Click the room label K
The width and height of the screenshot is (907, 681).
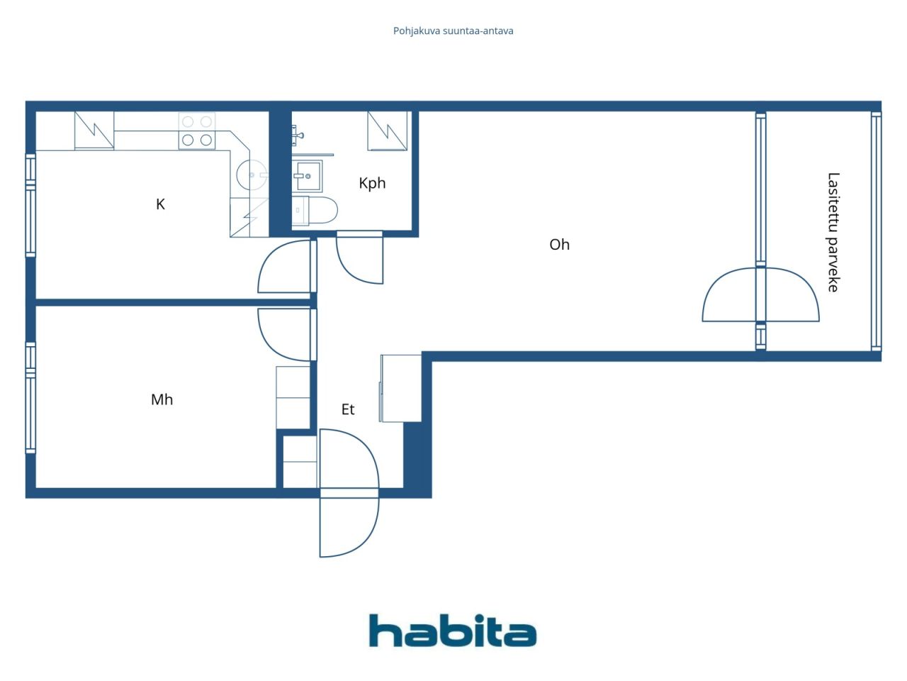click(x=160, y=204)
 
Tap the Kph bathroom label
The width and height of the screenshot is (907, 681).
click(x=372, y=183)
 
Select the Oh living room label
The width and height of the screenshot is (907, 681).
click(x=559, y=245)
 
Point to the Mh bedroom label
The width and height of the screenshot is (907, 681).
click(x=162, y=399)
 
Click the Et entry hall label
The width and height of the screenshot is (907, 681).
click(x=348, y=409)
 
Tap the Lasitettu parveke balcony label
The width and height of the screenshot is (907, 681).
click(x=833, y=232)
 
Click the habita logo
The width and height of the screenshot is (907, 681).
click(x=453, y=631)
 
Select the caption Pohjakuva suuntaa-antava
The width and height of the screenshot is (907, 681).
click(x=453, y=31)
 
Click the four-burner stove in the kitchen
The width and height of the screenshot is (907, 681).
click(x=197, y=131)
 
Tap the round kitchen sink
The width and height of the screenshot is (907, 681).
click(x=251, y=175)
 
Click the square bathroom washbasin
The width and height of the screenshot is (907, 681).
click(x=308, y=175)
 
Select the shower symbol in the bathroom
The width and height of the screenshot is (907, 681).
click(x=388, y=131)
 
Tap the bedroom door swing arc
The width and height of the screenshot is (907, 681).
click(x=280, y=337)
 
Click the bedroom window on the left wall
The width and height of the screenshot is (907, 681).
click(x=30, y=397)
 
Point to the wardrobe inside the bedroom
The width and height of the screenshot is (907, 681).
click(x=293, y=397)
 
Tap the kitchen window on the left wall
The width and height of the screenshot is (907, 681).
click(x=30, y=205)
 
